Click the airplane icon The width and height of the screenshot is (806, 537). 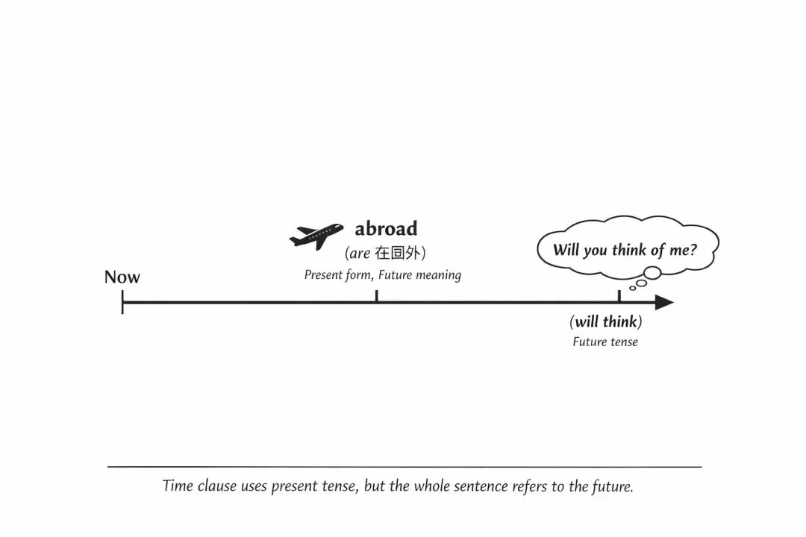coord(316,236)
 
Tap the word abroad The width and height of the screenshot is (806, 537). coord(386,228)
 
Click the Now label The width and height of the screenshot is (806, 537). coord(122,277)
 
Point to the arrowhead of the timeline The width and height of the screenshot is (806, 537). coord(663,302)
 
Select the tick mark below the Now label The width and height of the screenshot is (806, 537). coord(122,302)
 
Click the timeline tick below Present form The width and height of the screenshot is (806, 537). coord(376,297)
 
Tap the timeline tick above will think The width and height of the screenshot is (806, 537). coord(619,297)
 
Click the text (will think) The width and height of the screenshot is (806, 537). coord(605,322)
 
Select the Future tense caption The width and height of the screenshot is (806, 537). coord(605,342)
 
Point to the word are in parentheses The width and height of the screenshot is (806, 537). coord(360,254)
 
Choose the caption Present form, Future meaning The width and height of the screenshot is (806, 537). coord(382,275)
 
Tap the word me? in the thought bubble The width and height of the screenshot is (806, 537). coord(682,250)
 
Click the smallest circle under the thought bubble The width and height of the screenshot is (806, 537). coord(632,288)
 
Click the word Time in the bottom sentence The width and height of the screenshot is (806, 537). coord(178,486)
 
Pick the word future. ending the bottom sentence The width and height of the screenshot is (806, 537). coord(612,486)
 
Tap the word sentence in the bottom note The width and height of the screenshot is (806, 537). coord(479,486)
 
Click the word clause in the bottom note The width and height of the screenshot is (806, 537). coord(218,486)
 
